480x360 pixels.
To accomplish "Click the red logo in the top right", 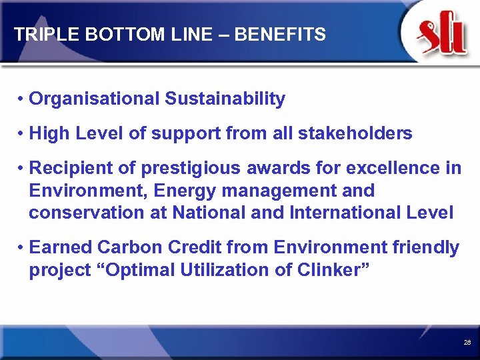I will click(441, 35).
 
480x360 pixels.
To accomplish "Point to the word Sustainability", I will click(225, 99).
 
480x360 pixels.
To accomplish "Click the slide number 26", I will click(467, 342).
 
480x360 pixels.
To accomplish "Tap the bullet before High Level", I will click(22, 134).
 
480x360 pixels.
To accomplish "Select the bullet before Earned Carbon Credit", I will click(22, 248).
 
